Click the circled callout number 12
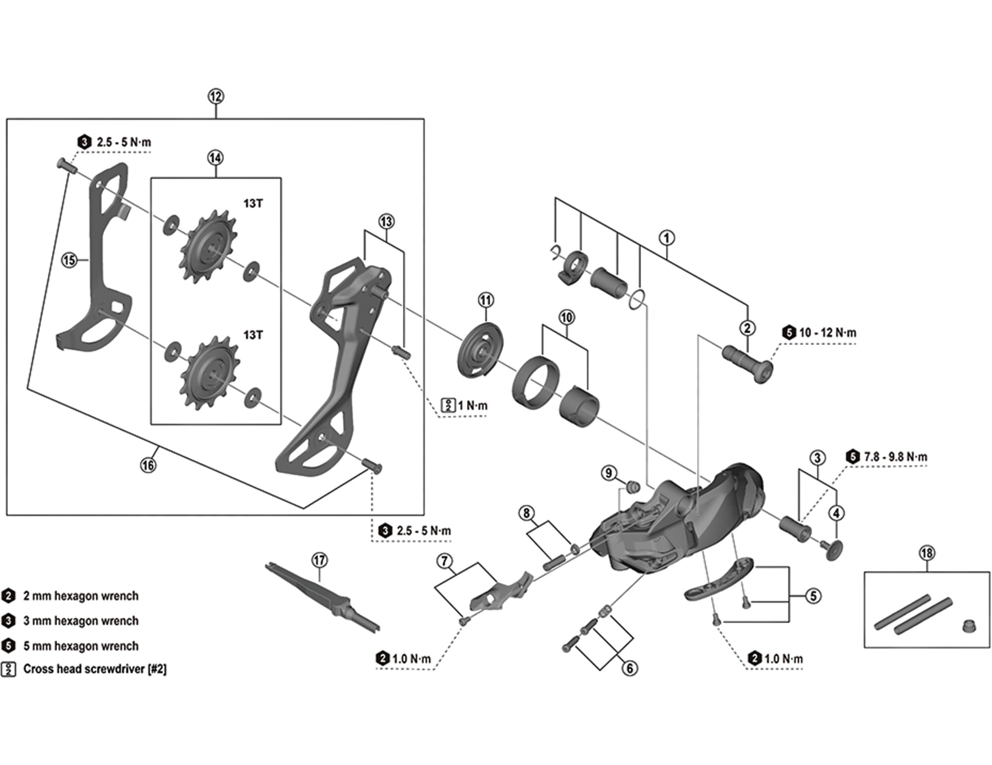click(x=215, y=97)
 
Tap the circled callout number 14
click(x=215, y=158)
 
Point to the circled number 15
click(x=69, y=259)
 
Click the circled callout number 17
click(x=320, y=560)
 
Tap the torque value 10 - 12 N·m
click(x=827, y=333)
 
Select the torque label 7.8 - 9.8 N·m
click(x=895, y=457)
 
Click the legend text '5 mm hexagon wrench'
click(x=81, y=646)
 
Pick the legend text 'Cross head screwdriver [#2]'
click(x=95, y=669)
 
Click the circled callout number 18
click(x=927, y=553)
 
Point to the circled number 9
click(x=609, y=473)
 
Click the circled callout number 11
click(x=486, y=300)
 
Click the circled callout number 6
click(x=629, y=668)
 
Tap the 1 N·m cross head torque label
click(x=472, y=405)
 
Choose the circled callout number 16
click(x=148, y=465)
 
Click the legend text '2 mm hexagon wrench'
click(x=81, y=596)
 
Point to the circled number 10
click(x=566, y=317)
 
